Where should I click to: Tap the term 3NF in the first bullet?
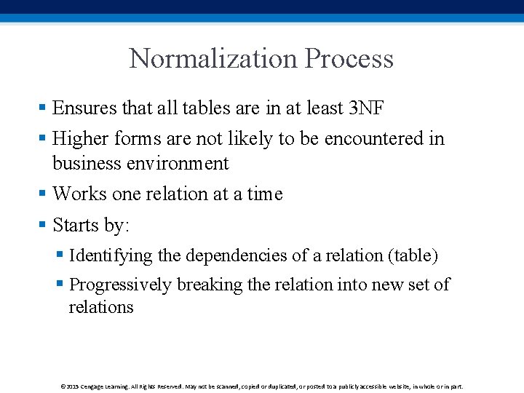[367, 108]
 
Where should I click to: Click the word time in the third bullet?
[265, 194]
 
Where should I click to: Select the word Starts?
[76, 225]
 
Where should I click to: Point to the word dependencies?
[238, 255]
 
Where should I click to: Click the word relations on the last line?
[101, 307]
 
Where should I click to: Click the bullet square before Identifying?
[60, 255]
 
